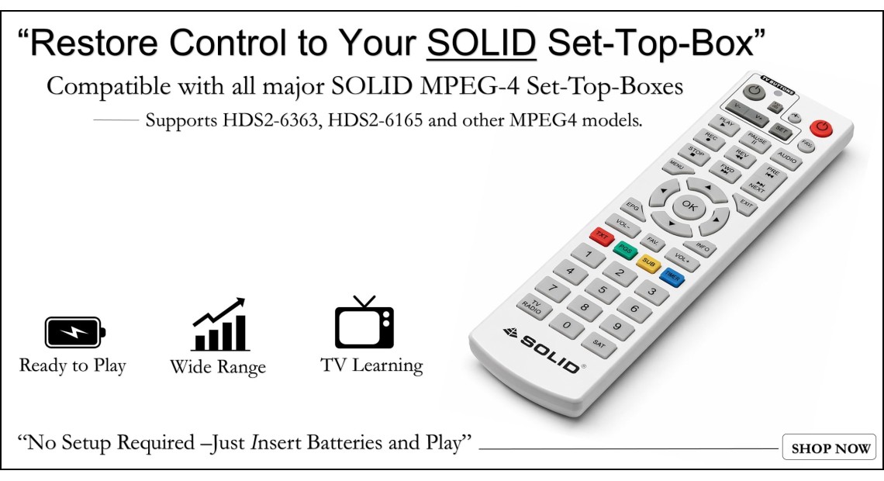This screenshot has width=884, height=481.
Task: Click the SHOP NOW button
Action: (829, 448)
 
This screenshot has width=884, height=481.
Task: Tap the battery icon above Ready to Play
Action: (74, 333)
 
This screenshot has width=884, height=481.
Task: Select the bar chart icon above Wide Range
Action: (219, 325)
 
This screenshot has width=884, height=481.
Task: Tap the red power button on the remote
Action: (820, 127)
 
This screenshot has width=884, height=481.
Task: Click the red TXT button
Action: (600, 235)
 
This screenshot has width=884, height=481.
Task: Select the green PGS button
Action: (624, 249)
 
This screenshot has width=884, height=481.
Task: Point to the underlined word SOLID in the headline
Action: (482, 44)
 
